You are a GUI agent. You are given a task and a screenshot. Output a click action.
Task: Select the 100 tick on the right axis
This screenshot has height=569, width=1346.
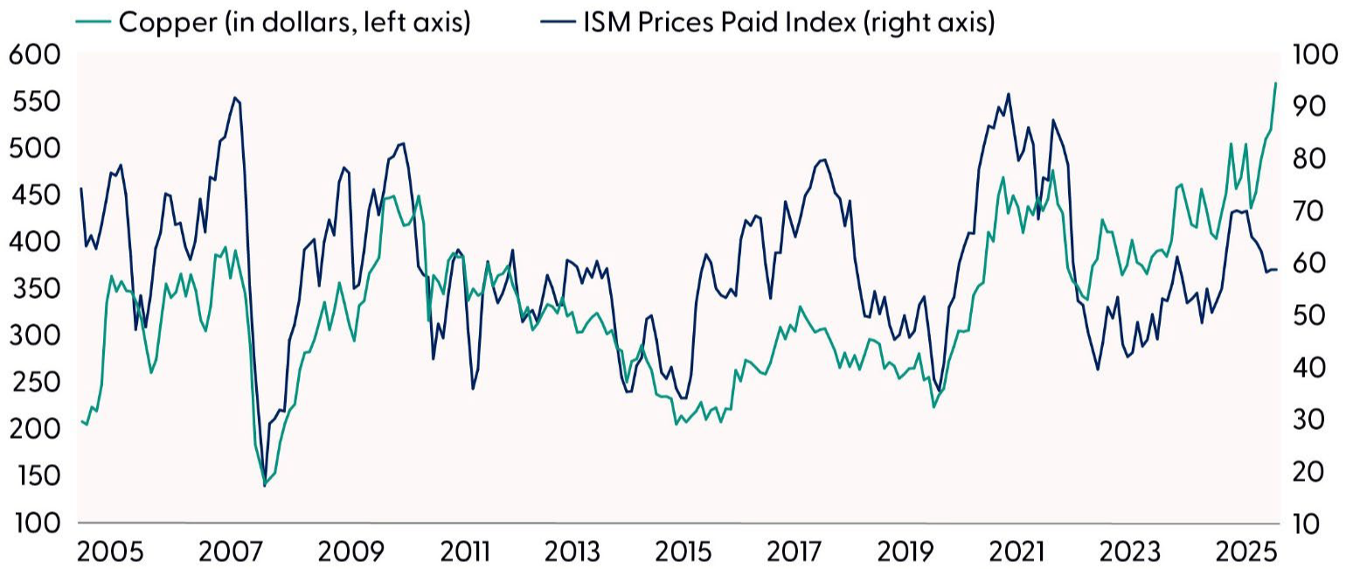(1313, 55)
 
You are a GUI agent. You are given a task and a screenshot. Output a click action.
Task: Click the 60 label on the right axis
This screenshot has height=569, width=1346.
(1307, 264)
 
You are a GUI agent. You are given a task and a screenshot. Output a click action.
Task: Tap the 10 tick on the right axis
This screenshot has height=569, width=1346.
(1307, 524)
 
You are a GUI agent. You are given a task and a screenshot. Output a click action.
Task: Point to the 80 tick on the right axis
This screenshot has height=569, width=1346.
(1307, 160)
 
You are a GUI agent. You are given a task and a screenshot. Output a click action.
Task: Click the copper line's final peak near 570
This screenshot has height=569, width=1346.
(1275, 83)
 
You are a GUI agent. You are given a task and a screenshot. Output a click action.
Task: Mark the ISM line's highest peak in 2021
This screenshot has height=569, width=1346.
(1009, 94)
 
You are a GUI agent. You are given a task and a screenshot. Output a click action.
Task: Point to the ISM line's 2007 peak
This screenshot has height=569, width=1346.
(234, 97)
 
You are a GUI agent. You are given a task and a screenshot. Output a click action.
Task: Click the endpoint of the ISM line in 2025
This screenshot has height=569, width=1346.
(1277, 269)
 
